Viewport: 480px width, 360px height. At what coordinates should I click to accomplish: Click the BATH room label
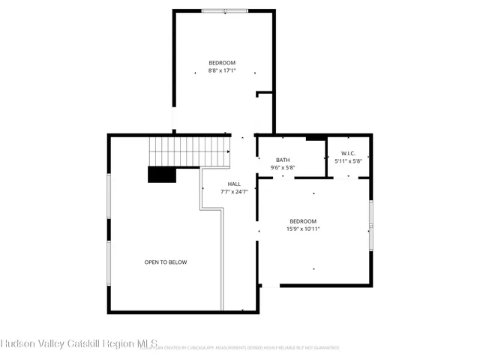pos(283,160)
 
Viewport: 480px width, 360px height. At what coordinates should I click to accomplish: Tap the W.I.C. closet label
pos(348,153)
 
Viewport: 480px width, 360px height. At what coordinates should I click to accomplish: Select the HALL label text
pos(234,184)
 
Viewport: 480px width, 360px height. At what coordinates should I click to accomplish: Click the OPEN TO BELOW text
pos(166,262)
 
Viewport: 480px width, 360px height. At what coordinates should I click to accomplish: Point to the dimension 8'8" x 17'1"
pos(222,70)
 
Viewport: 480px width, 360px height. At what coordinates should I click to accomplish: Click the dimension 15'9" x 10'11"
pos(303,229)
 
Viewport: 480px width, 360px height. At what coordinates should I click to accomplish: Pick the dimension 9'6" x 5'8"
pos(283,168)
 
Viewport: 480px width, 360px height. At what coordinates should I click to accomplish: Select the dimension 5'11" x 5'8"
pos(348,161)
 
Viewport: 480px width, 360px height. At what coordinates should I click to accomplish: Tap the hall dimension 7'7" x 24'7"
pos(234,192)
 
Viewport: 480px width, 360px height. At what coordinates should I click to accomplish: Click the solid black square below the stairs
pos(161,174)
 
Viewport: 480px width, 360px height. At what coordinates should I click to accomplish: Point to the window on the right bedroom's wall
pos(370,224)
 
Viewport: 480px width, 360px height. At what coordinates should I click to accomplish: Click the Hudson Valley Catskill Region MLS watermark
pos(79,344)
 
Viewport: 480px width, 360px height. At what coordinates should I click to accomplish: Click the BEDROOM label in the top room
pos(222,62)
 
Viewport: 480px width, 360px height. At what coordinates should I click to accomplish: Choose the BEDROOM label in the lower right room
pos(303,221)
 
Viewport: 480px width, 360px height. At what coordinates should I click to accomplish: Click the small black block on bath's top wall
pos(316,137)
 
